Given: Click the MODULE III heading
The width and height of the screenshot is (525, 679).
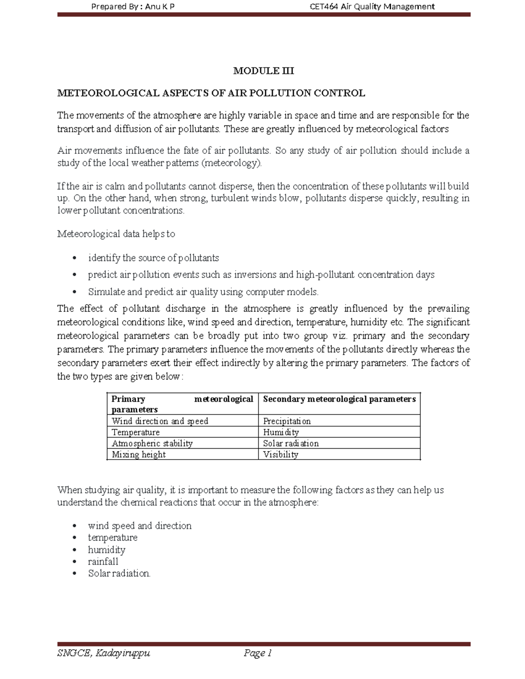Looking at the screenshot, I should pyautogui.click(x=263, y=71).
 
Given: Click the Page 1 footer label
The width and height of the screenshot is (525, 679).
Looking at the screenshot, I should pyautogui.click(x=258, y=653).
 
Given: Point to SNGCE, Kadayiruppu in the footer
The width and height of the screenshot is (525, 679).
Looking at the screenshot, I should pyautogui.click(x=104, y=653).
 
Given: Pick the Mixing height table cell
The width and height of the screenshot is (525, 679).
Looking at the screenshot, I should pyautogui.click(x=139, y=455).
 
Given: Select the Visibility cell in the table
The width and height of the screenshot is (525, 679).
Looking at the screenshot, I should pyautogui.click(x=280, y=455).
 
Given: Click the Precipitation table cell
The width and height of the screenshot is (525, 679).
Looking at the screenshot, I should pyautogui.click(x=287, y=421).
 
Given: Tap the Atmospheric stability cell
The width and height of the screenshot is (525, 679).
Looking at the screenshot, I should pyautogui.click(x=152, y=443).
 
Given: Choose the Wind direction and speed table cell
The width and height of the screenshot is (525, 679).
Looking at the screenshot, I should pyautogui.click(x=160, y=421).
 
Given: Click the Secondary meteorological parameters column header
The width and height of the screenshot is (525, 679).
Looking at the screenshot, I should pyautogui.click(x=339, y=399).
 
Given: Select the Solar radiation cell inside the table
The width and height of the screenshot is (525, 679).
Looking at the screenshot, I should pyautogui.click(x=290, y=443).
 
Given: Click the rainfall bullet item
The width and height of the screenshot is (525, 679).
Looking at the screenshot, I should pyautogui.click(x=103, y=561).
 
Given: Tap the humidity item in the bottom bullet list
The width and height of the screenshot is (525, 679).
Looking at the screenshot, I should pyautogui.click(x=106, y=550).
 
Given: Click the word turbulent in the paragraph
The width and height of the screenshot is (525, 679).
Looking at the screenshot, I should pyautogui.click(x=230, y=198).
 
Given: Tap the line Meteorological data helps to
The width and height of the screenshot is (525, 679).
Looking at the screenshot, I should pyautogui.click(x=116, y=234).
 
